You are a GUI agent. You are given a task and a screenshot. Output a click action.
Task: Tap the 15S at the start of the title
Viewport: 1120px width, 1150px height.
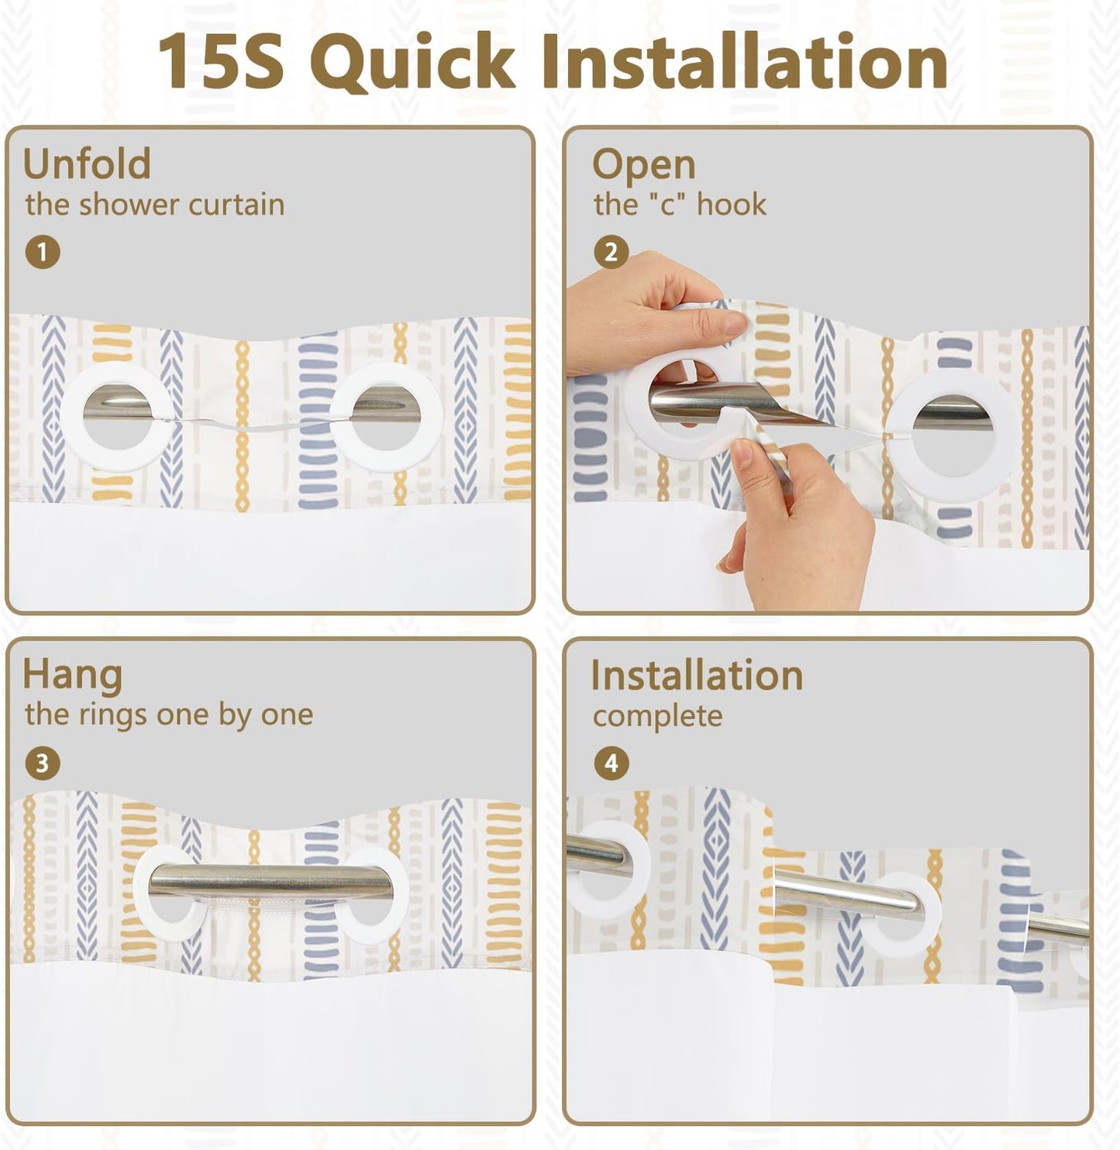[x=221, y=61]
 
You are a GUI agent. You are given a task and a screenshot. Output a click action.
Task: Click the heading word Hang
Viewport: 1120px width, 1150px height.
[x=73, y=677]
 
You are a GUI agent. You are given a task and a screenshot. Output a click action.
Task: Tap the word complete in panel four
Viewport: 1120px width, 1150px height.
[x=657, y=718]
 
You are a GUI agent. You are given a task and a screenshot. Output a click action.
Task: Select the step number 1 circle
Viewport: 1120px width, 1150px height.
[x=43, y=253]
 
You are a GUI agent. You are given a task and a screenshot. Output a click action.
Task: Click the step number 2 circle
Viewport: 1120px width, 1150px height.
[x=612, y=253]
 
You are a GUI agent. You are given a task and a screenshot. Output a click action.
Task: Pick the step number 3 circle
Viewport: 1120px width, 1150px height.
[x=43, y=763]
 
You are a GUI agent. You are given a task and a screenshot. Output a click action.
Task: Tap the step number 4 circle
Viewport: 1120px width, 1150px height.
[x=612, y=763]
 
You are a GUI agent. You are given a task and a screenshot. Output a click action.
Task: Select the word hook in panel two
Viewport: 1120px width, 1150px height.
[x=732, y=205]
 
